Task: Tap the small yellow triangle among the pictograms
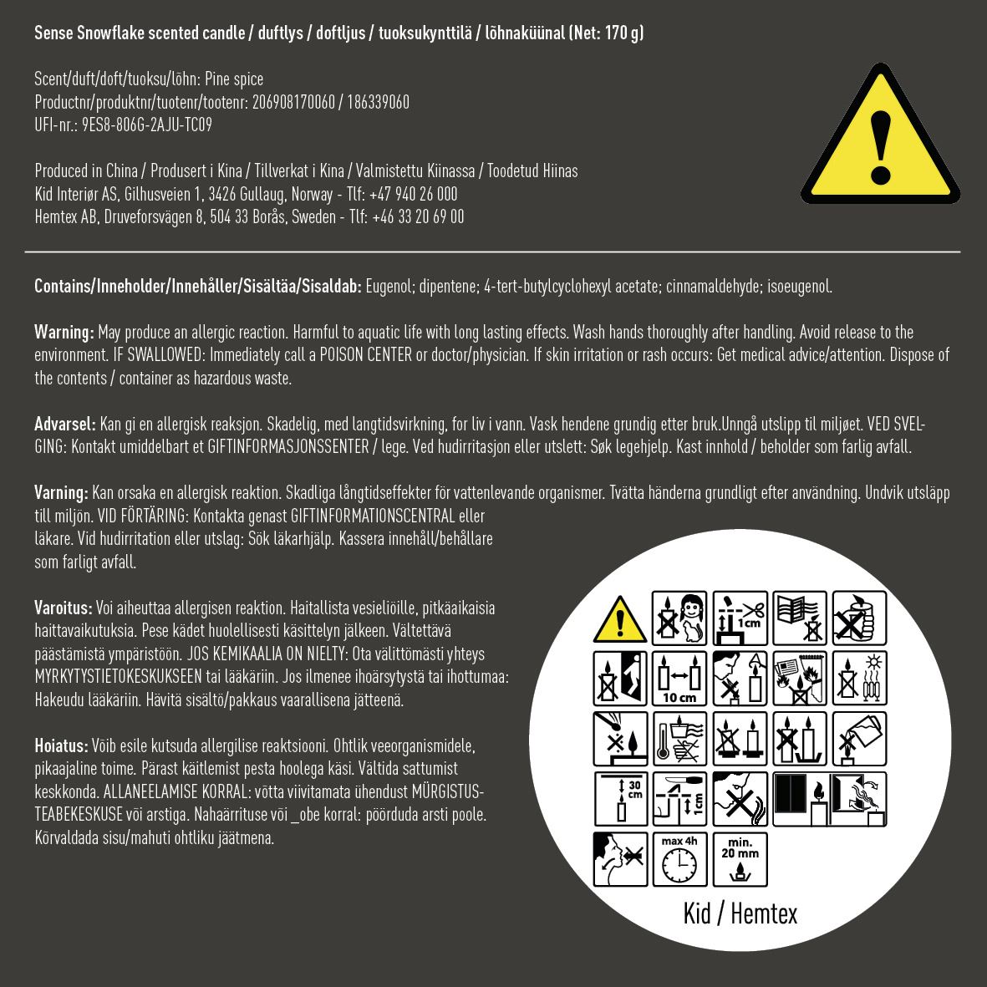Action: point(619,619)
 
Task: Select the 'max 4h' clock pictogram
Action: point(679,858)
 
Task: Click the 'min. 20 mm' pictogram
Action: point(740,858)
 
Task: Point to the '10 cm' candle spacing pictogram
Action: point(679,679)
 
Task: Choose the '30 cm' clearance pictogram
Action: point(619,799)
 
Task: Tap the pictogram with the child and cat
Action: point(679,618)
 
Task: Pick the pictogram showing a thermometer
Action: point(679,739)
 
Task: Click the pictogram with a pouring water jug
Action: point(859,739)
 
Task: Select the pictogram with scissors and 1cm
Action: point(740,618)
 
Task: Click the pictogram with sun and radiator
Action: point(859,679)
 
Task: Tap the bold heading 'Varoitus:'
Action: point(64,608)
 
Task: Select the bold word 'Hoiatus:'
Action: point(61,745)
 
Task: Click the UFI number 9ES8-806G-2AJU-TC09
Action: point(147,125)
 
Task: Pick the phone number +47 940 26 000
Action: point(413,194)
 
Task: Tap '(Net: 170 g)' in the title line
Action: point(606,33)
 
